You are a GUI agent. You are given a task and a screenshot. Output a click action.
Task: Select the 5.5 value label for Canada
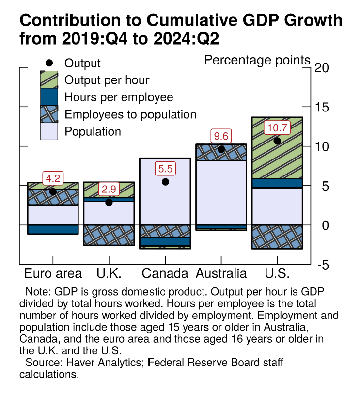[x=165, y=169]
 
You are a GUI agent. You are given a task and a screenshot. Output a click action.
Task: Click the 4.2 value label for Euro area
[x=53, y=178]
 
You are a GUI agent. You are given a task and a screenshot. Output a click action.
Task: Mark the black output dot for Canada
[x=165, y=182]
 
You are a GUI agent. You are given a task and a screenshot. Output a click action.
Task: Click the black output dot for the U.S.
[x=277, y=141]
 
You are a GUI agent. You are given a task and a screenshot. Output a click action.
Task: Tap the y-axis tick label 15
[x=321, y=108]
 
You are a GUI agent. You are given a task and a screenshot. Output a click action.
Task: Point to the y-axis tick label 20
[x=321, y=68]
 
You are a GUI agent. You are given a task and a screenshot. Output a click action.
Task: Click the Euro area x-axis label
[x=53, y=273]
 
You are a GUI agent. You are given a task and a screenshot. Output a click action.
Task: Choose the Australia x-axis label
[x=221, y=273]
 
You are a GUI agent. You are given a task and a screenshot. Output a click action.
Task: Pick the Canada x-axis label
[x=165, y=273]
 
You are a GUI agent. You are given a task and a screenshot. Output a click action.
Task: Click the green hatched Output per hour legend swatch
[x=48, y=80]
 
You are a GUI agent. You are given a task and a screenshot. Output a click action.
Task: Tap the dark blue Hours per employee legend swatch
[x=48, y=97]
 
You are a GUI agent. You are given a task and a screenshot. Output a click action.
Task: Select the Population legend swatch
[x=48, y=131]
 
